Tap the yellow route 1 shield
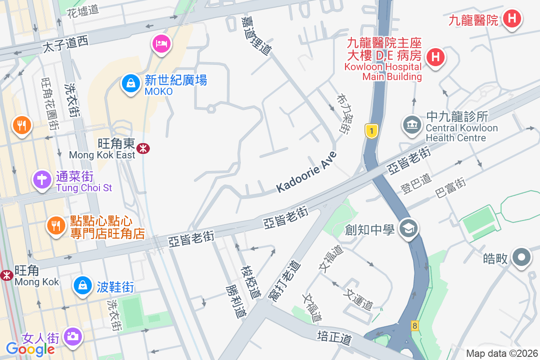click(x=371, y=131)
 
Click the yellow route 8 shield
click(x=414, y=325)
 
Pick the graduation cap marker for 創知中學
click(x=409, y=229)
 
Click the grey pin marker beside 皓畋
click(x=522, y=258)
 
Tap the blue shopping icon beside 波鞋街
click(x=83, y=285)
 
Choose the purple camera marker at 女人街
click(x=72, y=336)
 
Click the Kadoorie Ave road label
click(x=306, y=171)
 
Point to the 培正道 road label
click(x=334, y=337)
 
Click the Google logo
click(x=30, y=349)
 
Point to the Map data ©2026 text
click(x=502, y=353)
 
